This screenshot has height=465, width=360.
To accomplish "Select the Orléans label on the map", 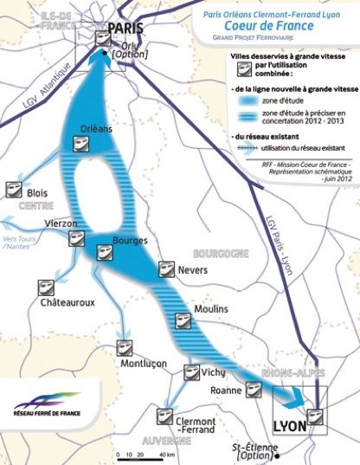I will tap(95, 129).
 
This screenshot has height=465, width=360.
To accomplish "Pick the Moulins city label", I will tap(210, 309).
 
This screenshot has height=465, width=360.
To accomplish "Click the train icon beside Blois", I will tap(15, 189).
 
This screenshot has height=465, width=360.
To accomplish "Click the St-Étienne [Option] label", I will tap(253, 451).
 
